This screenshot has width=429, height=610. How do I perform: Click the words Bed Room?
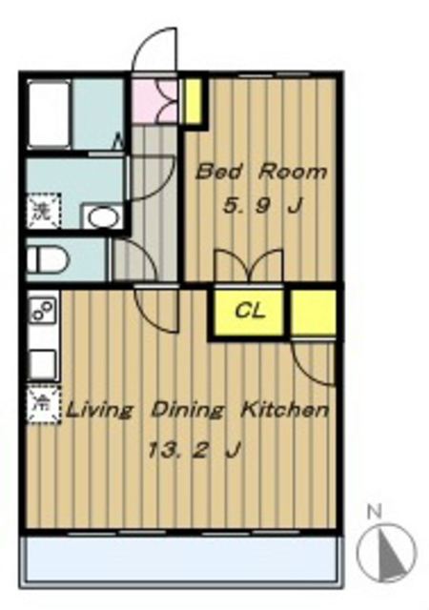pos(260,172)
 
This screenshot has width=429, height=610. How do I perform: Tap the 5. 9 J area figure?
pos(262,205)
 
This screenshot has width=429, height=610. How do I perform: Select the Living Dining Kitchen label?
pos(198,411)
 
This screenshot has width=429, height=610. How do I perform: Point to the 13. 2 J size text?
pos(194,451)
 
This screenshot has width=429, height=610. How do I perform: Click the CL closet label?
pos(250,311)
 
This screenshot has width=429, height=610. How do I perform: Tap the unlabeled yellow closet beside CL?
pos(313,312)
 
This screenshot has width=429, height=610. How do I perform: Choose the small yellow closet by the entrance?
pos(193,101)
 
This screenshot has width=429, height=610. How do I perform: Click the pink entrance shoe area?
pos(153,100)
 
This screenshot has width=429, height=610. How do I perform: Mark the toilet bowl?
pos(48,259)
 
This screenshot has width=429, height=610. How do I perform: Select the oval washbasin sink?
pos(103,216)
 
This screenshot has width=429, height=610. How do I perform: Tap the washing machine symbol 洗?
pos(44,211)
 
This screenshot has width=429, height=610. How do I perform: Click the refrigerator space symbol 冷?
pos(43,404)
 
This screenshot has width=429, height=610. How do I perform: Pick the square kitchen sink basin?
pos(43,364)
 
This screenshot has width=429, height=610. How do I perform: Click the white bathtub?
pos(49,113)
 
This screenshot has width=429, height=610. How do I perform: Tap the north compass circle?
pos(386,552)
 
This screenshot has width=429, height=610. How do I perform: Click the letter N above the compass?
pos(375,512)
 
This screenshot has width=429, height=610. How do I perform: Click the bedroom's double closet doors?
pos(249,265)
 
